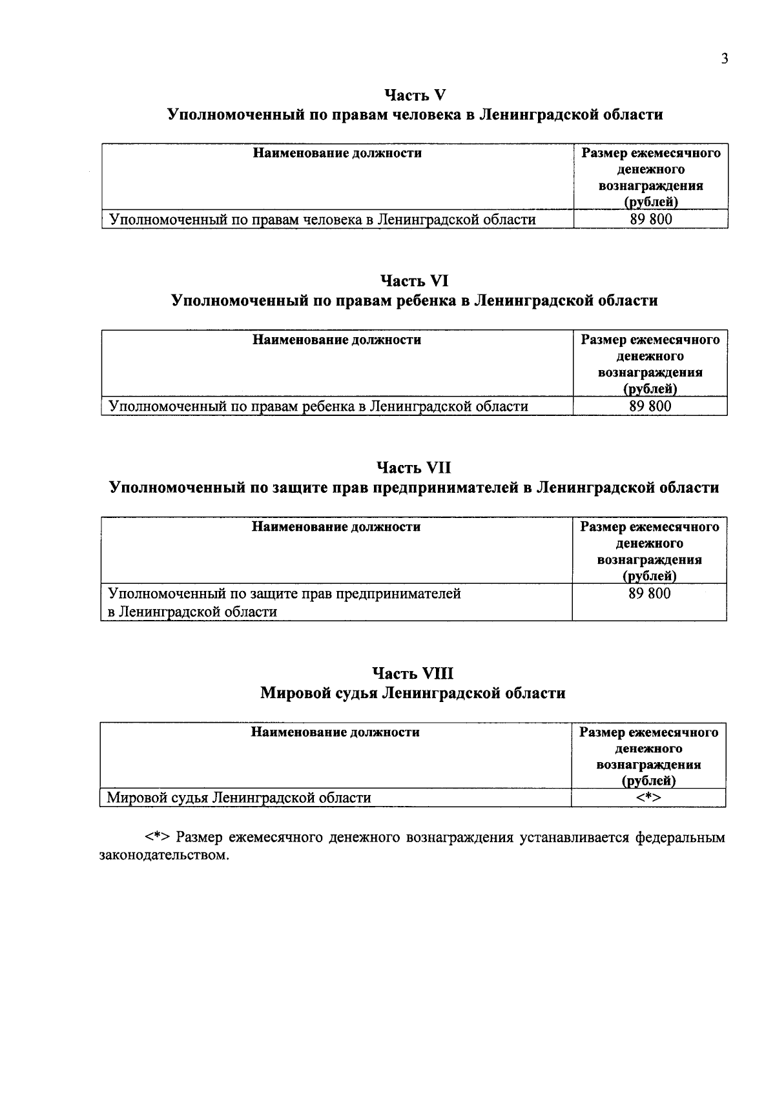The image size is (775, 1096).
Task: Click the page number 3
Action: [x=725, y=59]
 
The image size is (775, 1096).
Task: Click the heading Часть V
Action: [x=415, y=95]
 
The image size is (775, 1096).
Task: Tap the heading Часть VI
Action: [x=414, y=281]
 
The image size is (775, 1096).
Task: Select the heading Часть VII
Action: [x=414, y=468]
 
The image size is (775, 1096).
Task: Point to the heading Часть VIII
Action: [x=414, y=674]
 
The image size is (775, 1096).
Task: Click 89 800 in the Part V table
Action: [x=651, y=220]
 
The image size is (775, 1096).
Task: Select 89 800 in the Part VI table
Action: [x=650, y=406]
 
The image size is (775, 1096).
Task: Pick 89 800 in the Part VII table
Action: [x=650, y=594]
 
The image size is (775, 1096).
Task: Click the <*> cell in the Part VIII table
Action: [x=648, y=798]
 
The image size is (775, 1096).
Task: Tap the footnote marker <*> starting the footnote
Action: [x=157, y=838]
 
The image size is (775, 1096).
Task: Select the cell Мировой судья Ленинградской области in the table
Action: [x=239, y=798]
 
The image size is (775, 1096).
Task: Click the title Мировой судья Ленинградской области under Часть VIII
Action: [x=413, y=693]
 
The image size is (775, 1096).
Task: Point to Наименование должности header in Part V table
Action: [x=337, y=153]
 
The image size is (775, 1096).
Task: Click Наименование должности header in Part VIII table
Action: [x=335, y=732]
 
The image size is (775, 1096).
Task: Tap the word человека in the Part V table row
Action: [x=333, y=220]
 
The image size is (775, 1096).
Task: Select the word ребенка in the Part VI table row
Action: [x=330, y=406]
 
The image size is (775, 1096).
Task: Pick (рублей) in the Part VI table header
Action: [x=650, y=389]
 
